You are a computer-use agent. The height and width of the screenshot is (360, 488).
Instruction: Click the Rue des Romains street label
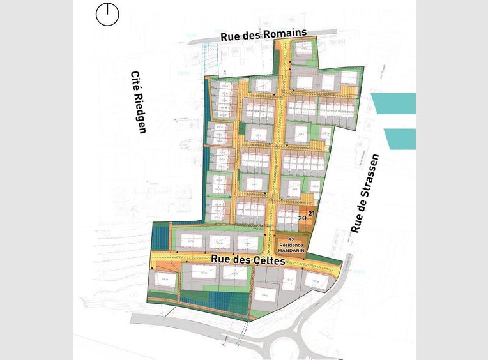[x=264, y=35]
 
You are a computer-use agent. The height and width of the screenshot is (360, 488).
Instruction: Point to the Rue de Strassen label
[x=365, y=193]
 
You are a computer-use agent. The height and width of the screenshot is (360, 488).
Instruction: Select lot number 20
[x=302, y=218]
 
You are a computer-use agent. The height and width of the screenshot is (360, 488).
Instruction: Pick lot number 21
[x=312, y=213]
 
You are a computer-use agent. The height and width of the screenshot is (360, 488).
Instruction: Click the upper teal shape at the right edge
[x=396, y=103]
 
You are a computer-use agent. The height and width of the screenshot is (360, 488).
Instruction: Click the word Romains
[x=287, y=34]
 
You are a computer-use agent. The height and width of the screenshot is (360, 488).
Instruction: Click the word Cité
[x=135, y=80]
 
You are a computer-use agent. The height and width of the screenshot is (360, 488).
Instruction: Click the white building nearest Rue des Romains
[x=305, y=49]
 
